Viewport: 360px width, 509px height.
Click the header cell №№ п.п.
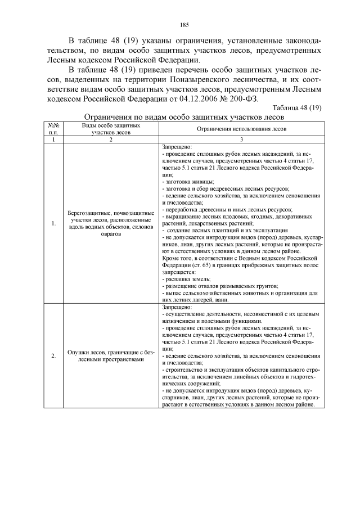53,129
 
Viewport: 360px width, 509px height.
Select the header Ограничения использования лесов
241,129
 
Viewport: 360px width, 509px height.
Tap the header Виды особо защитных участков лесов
111,129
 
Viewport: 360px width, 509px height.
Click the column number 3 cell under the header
241,139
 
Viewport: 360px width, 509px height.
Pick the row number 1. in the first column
53,223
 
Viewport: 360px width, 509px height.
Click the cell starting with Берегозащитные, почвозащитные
111,223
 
